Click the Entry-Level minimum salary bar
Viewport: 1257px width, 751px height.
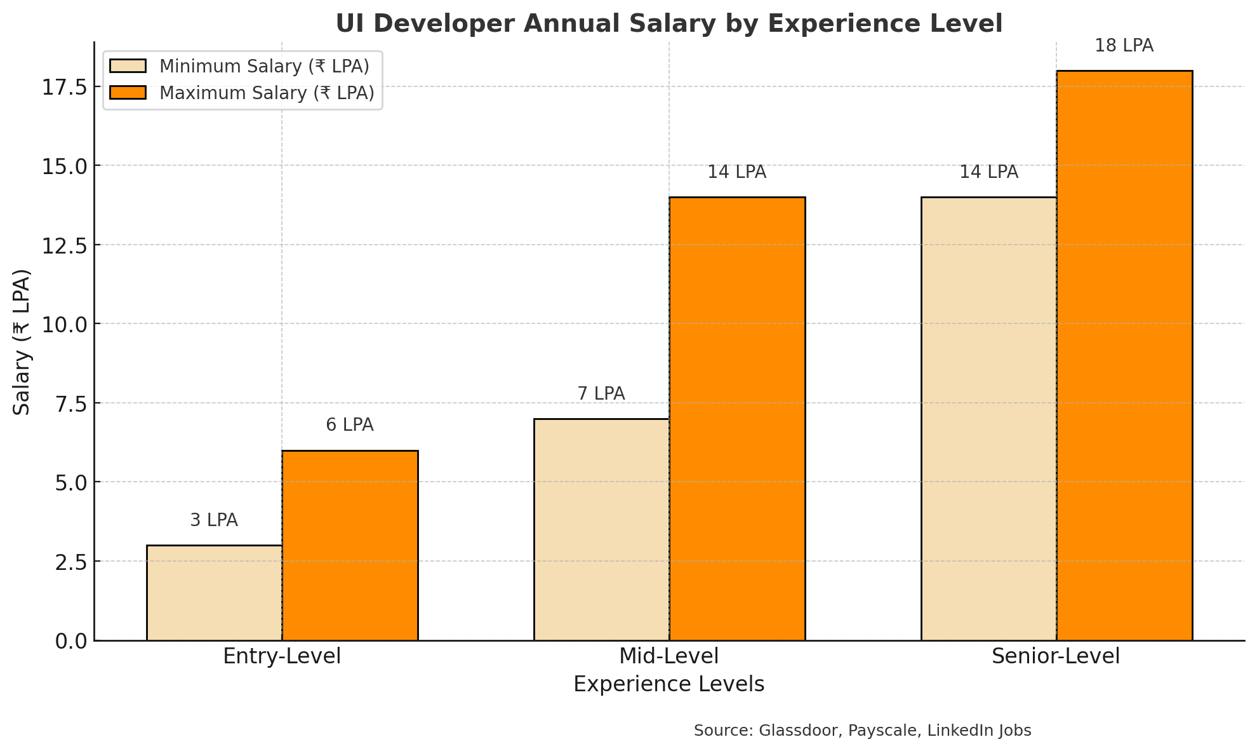click(x=214, y=592)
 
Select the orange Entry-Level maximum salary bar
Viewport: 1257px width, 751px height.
click(x=350, y=545)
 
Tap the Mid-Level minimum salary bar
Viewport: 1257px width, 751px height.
click(x=601, y=529)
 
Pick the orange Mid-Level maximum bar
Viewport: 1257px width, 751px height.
click(x=737, y=418)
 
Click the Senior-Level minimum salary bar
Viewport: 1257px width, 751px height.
click(x=988, y=418)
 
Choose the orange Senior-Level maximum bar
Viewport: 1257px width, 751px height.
click(x=1124, y=355)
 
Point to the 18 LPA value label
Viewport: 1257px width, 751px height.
click(x=1124, y=46)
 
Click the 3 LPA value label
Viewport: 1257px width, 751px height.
click(x=214, y=520)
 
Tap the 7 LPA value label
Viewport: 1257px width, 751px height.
click(x=601, y=394)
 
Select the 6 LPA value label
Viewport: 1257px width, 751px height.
click(x=350, y=425)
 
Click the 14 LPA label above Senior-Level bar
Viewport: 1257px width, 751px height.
click(x=988, y=172)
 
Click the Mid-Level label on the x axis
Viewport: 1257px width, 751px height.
click(x=668, y=656)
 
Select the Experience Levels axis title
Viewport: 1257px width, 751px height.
click(x=668, y=684)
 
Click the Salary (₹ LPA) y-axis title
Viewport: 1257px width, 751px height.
click(x=22, y=342)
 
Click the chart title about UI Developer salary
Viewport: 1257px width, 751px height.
click(x=668, y=24)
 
